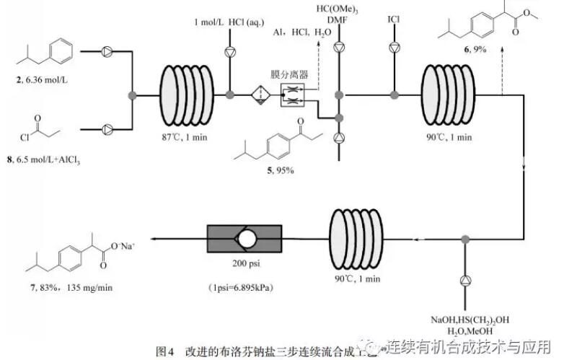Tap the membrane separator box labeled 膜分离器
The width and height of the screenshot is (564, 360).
pos(293,95)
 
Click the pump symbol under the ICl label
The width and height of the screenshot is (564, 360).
pos(393,48)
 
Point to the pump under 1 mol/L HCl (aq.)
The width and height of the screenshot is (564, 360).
pos(230,51)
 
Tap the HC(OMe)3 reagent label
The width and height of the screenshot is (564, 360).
pos(338,8)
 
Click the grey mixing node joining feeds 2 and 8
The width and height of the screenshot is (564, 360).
pos(131,95)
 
